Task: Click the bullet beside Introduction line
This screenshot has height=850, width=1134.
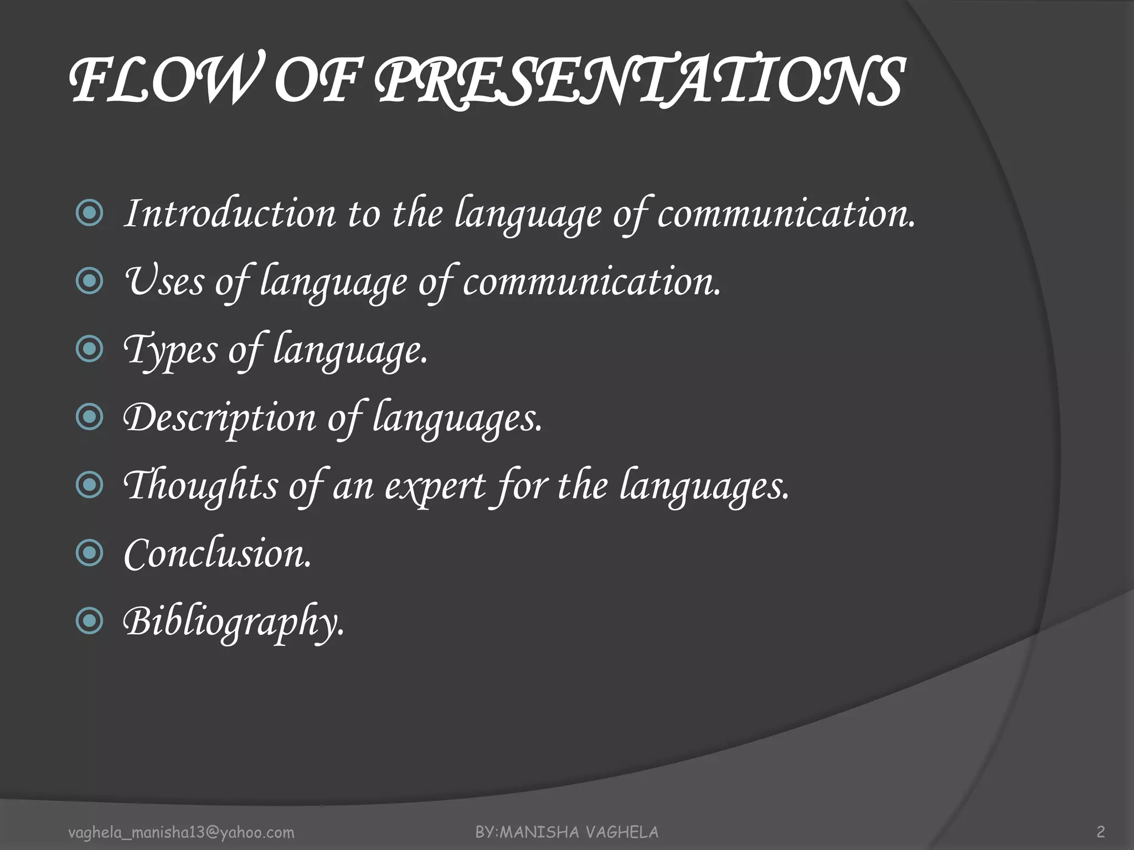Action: tap(89, 213)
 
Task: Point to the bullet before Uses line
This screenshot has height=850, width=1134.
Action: tap(89, 281)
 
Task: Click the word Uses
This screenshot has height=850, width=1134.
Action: tap(164, 282)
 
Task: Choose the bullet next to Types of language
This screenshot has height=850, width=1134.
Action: tap(89, 349)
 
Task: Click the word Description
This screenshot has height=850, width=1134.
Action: tap(219, 418)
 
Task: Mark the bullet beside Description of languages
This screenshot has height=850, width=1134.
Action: tap(89, 417)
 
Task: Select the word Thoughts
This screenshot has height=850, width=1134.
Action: tap(200, 486)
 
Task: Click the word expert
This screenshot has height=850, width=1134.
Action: tap(435, 487)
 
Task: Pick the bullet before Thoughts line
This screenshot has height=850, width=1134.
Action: tap(89, 485)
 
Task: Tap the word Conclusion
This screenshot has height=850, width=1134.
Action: tap(218, 554)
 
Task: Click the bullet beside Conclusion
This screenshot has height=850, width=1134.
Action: tap(89, 553)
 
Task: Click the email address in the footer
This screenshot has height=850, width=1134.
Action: tap(181, 832)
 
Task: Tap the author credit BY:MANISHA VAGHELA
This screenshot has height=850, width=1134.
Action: tap(567, 832)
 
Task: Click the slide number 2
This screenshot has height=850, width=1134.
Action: tap(1101, 832)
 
